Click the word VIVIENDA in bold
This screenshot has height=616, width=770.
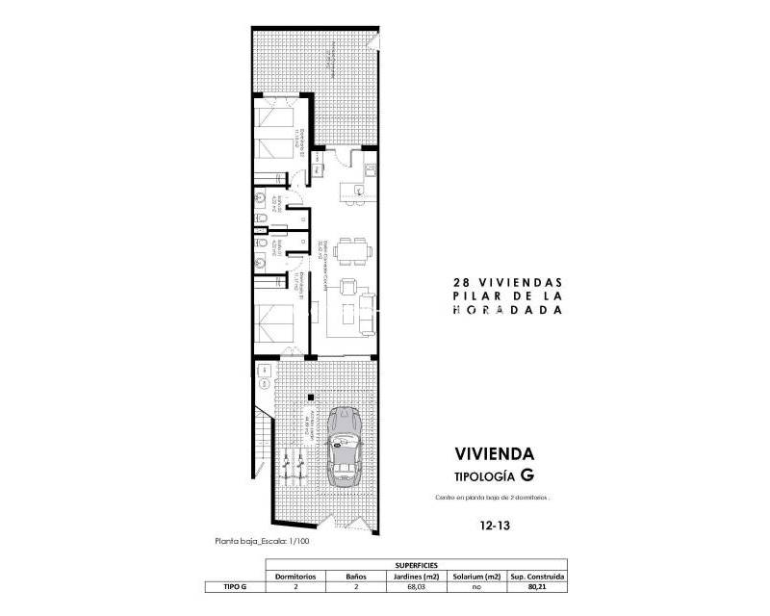(x=494, y=452)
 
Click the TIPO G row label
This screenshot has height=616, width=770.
(x=223, y=585)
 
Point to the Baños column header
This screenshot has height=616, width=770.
(x=354, y=576)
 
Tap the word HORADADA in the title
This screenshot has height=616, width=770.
(x=507, y=311)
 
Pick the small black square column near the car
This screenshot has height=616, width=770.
(x=308, y=397)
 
